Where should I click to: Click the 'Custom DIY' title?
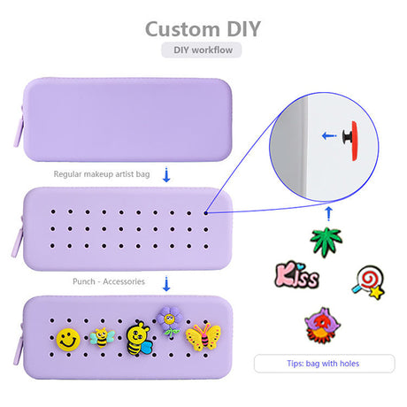[x=203, y=29]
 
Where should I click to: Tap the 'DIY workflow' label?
[x=203, y=50]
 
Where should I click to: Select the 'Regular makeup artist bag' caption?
[x=102, y=174]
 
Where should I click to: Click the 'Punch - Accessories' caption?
[x=109, y=281]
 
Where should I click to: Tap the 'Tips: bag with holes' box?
[x=324, y=364]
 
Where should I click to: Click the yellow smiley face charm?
[x=68, y=340]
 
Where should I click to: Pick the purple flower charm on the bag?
[x=170, y=321]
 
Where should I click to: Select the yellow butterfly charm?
[x=203, y=337]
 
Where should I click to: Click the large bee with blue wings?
[x=138, y=339]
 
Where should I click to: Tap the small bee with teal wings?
[x=102, y=338]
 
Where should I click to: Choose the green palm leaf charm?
[x=326, y=242]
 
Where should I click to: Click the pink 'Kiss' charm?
[x=296, y=275]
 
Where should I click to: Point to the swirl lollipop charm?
[x=369, y=282]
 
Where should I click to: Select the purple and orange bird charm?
[x=322, y=326]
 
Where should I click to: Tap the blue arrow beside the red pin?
[x=328, y=136]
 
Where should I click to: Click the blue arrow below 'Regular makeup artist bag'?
[x=166, y=175]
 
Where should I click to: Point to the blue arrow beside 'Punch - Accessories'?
[x=166, y=284]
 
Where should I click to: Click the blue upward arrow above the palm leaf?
[x=328, y=214]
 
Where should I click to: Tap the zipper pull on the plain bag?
[x=19, y=131]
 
